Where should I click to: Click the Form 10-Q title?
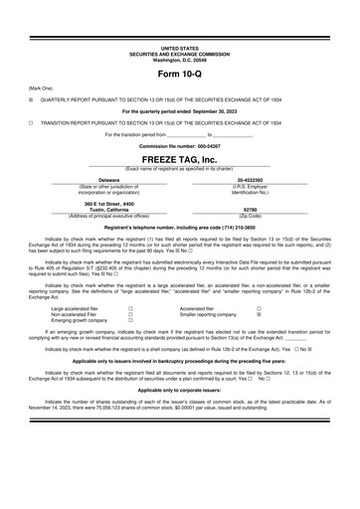179,75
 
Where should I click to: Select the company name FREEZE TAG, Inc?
179,159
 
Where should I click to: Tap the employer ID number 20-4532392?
250,179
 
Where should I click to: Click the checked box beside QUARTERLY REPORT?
31,99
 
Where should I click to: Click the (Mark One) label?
41,87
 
